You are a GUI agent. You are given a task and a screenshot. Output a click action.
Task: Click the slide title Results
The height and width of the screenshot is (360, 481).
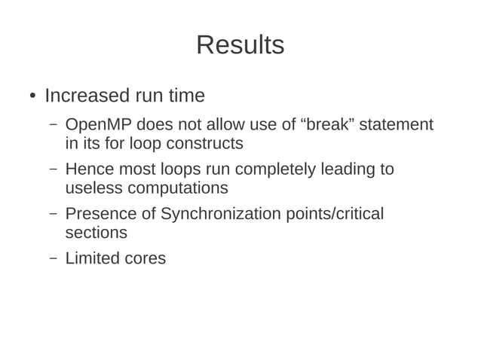(240, 45)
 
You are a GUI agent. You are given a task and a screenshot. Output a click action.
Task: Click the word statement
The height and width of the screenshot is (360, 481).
(397, 124)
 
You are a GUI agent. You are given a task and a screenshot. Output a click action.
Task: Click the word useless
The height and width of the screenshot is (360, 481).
(93, 188)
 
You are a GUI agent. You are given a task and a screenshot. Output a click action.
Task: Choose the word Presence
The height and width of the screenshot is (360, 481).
(100, 214)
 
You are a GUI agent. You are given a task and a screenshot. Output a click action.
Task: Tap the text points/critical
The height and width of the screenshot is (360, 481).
(335, 214)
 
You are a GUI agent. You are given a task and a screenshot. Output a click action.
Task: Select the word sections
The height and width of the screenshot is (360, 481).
(96, 233)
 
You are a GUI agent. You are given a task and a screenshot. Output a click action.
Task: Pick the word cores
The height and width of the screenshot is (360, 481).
(146, 258)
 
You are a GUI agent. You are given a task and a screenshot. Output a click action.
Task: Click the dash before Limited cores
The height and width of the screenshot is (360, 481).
(53, 258)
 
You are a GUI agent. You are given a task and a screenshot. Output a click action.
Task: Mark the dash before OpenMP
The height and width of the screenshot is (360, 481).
(53, 124)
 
